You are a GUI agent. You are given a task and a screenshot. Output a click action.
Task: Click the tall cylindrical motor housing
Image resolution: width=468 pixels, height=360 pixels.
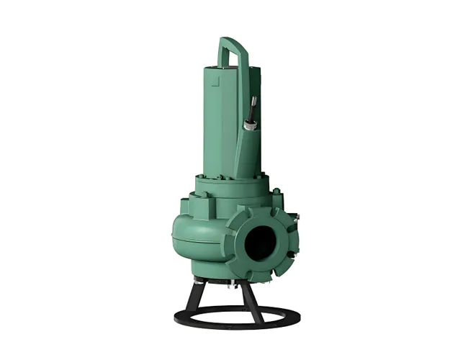pos(219,122)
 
